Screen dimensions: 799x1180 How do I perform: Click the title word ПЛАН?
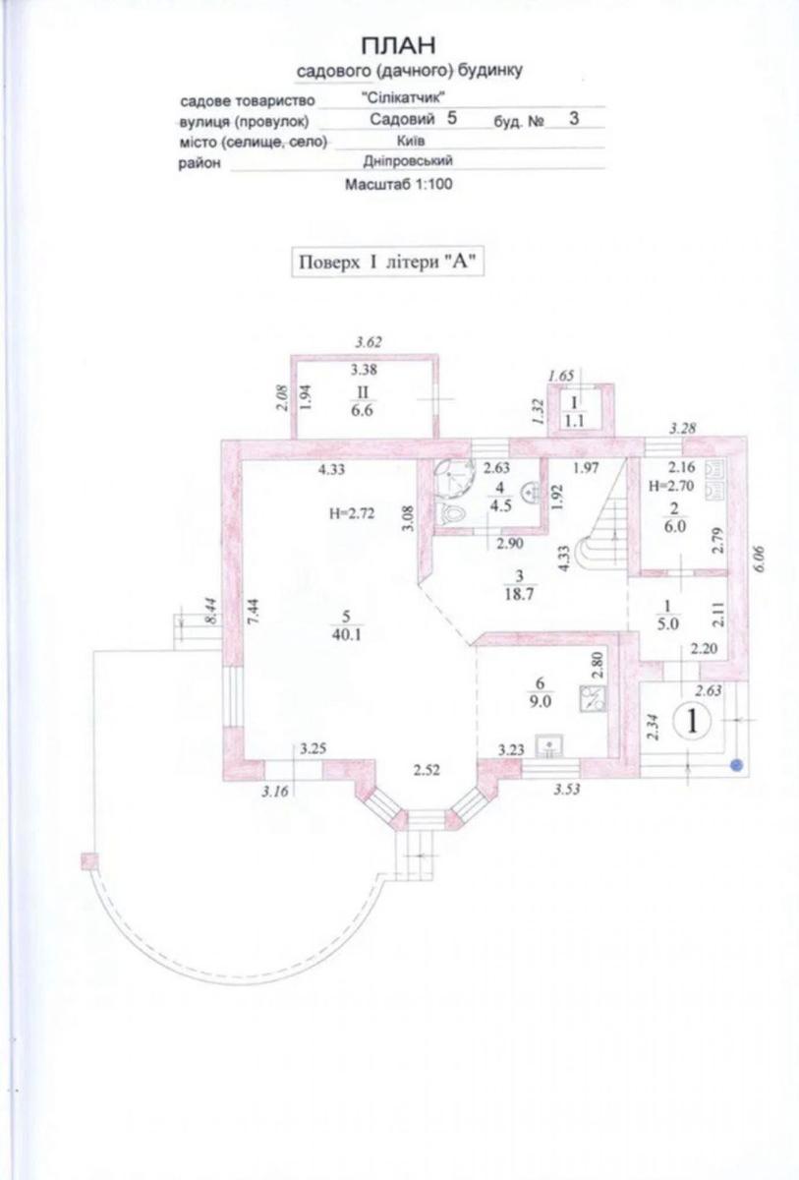pos(398,46)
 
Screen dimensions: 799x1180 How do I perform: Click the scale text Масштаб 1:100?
pos(398,185)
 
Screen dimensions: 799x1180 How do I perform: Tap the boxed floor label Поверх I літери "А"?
pos(387,263)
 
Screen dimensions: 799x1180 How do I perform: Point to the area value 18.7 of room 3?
pos(519,594)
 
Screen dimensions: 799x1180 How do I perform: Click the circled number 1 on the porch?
pos(692,722)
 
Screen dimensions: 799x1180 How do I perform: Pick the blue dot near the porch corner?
pos(736,764)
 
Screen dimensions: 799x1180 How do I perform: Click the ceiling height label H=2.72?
pos(352,513)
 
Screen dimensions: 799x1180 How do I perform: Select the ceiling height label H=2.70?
pos(671,486)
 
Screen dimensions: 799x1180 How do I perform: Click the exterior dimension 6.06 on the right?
pos(759,560)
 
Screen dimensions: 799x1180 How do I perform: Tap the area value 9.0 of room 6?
pos(540,702)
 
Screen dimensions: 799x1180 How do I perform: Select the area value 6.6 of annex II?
pos(362,410)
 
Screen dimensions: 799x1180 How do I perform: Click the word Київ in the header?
pos(411,142)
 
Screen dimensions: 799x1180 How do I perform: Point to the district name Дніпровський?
pos(408,161)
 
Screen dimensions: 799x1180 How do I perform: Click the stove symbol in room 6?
pos(593,699)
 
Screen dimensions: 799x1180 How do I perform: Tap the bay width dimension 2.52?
pos(427,771)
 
